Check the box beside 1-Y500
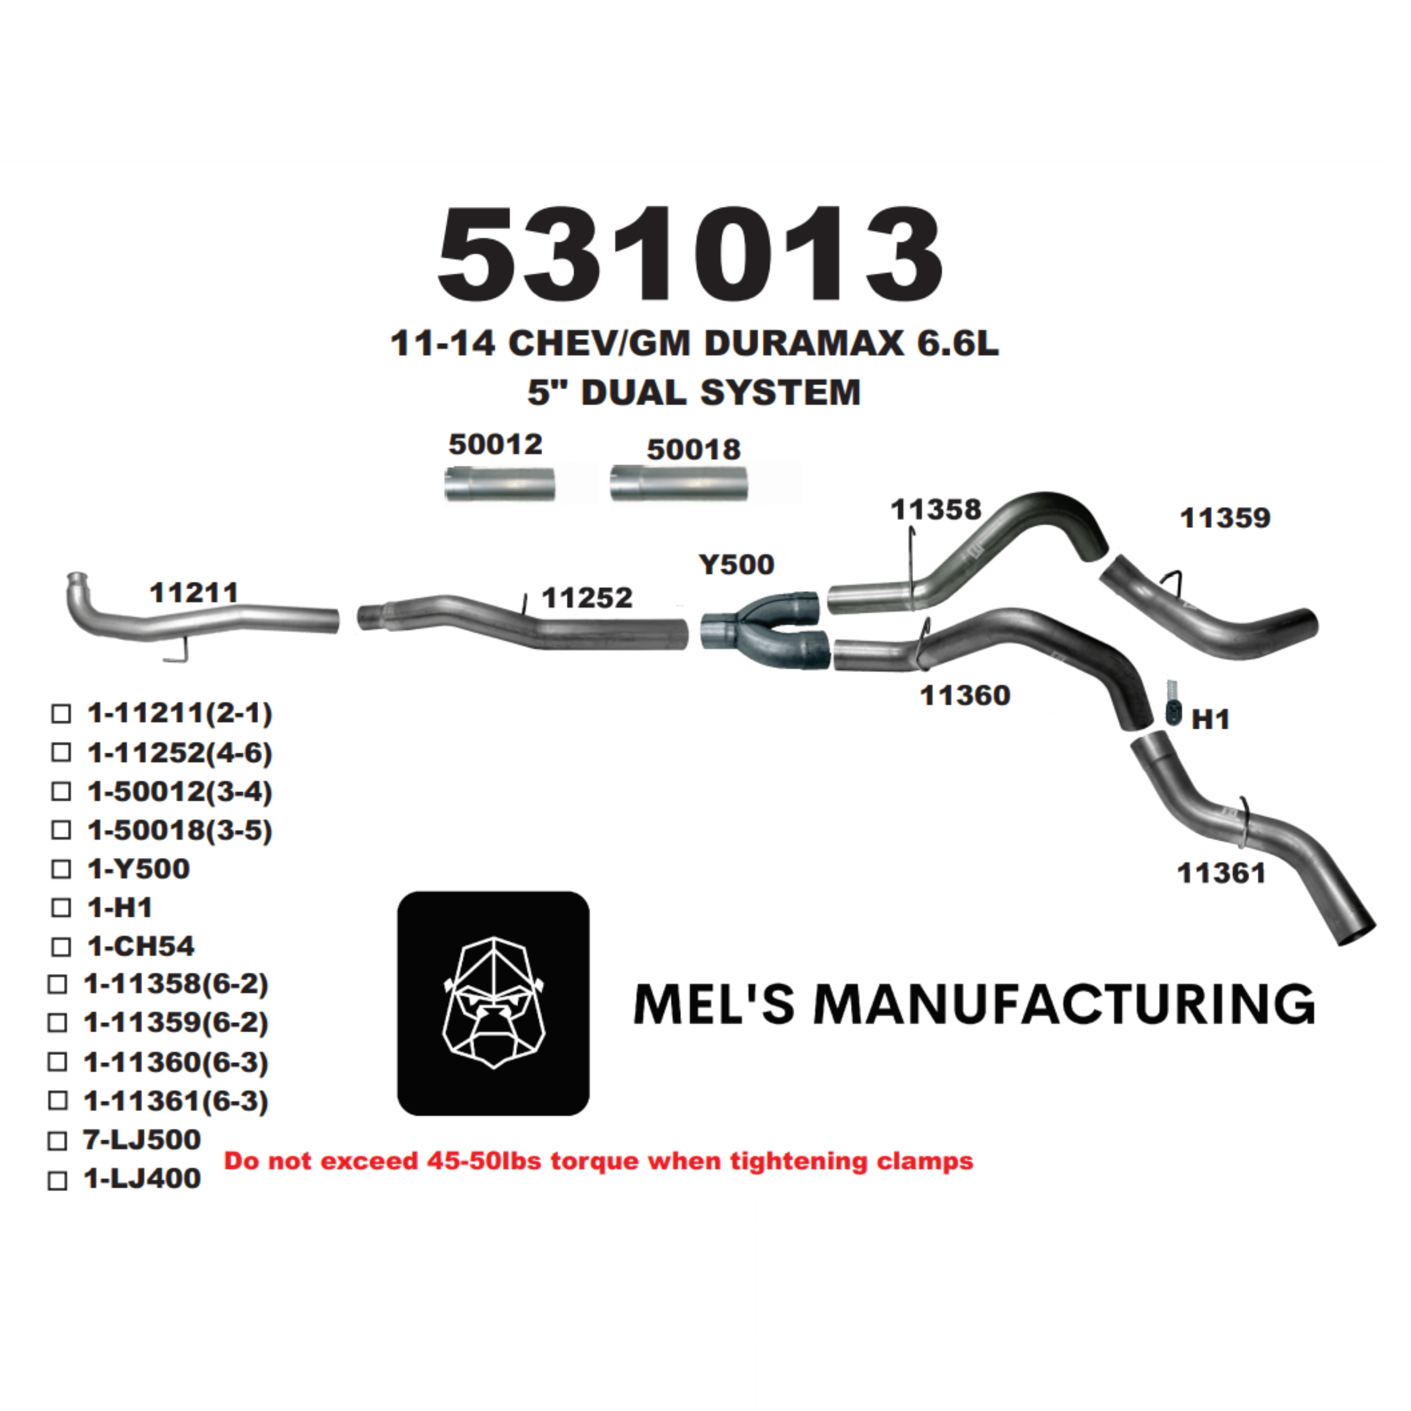click(x=61, y=869)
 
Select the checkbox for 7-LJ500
click(x=58, y=1141)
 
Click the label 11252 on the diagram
click(x=587, y=598)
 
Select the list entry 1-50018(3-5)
click(x=180, y=831)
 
